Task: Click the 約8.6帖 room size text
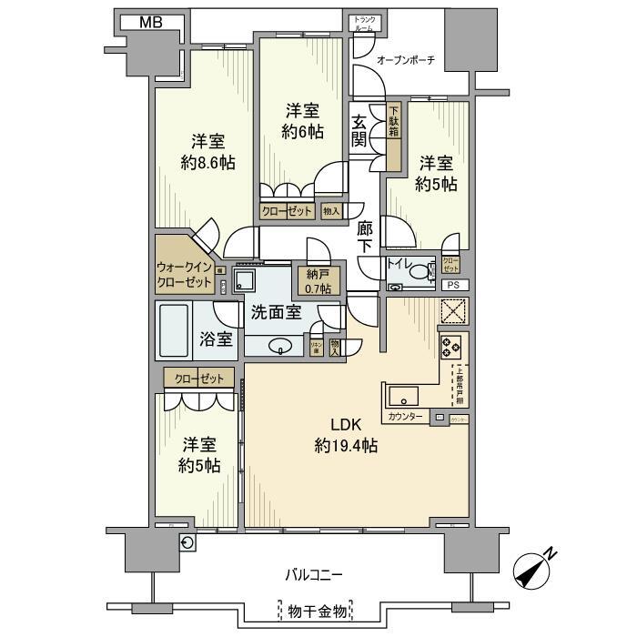(x=207, y=164)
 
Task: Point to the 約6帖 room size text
(x=302, y=132)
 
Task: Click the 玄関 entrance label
(x=361, y=132)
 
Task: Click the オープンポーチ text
(x=406, y=60)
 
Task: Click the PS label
(x=452, y=285)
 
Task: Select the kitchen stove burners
(x=451, y=346)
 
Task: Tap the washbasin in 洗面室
(x=280, y=345)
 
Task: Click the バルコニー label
(x=314, y=575)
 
